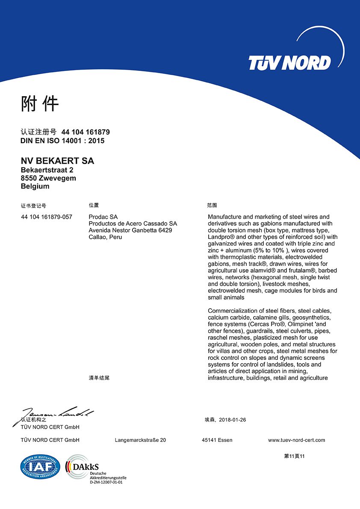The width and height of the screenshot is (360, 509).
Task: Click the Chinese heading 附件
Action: [x=40, y=103]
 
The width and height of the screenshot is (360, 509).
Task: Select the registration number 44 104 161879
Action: [x=86, y=132]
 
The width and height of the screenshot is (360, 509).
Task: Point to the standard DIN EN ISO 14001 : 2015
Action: [x=62, y=141]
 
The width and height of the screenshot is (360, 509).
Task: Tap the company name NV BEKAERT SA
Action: [x=57, y=161]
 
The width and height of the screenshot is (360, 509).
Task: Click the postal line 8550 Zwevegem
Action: [x=48, y=178]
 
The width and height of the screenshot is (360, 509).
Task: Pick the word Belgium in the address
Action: [x=35, y=186]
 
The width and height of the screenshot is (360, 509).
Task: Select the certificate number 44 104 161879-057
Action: [x=47, y=217]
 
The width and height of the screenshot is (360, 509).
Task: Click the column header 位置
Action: [x=94, y=206]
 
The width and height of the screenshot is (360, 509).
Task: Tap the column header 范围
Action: [x=212, y=206]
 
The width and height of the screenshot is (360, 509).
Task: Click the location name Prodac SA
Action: [x=103, y=217]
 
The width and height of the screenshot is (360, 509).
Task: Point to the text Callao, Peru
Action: [x=105, y=237]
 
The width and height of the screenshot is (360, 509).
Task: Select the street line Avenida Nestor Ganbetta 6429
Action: [x=130, y=230]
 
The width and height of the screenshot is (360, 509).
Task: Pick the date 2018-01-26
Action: [x=232, y=420]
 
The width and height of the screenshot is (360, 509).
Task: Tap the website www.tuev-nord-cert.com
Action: [x=296, y=440]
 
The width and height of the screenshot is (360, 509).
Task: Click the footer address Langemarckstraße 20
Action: [x=140, y=440]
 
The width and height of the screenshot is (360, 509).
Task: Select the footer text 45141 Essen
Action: [x=217, y=440]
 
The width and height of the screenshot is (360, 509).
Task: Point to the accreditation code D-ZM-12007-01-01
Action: [x=106, y=482]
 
